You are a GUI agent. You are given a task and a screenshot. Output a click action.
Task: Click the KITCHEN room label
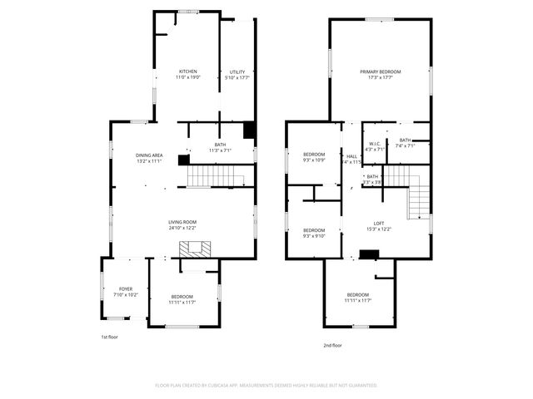[x=187, y=71]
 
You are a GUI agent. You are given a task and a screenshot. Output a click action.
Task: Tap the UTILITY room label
[x=239, y=72]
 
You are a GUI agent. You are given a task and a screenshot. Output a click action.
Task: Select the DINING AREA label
[x=149, y=155]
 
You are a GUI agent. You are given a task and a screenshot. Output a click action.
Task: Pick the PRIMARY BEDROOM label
[x=380, y=71]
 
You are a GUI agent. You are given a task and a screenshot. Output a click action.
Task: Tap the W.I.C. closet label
[x=376, y=144]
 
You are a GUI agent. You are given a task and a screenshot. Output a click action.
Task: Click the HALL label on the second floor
[x=352, y=156]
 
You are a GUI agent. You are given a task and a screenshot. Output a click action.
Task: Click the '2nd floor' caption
[x=333, y=345]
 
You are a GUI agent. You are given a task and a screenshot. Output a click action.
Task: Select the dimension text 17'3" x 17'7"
[x=380, y=77]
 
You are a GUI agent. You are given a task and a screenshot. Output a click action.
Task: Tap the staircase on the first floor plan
[x=212, y=176]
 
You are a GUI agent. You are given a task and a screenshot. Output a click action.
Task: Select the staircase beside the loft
[x=418, y=199]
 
